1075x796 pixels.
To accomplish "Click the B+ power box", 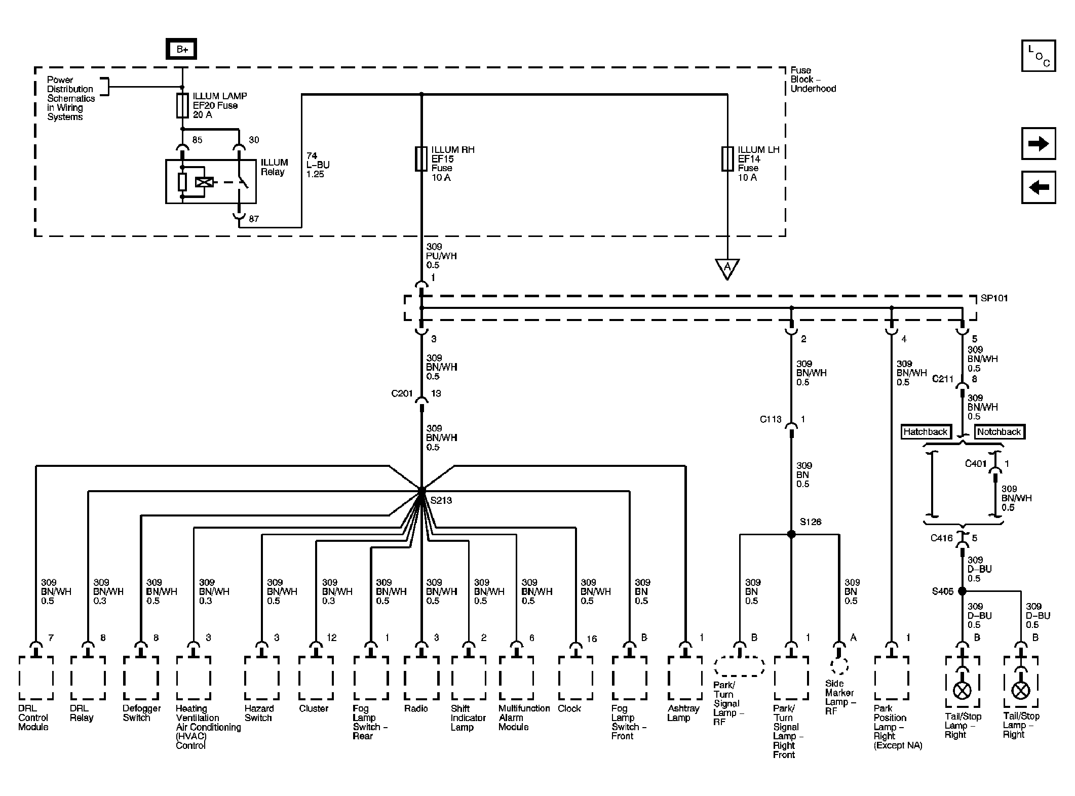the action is pos(182,50).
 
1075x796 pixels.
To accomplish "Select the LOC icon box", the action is pos(1039,56).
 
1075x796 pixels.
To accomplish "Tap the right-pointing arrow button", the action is pos(1039,144).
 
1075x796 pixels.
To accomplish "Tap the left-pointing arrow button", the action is pos(1039,187).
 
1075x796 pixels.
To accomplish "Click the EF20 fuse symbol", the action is pos(182,105).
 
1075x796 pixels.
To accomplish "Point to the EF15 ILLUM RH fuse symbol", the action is pos(421,158).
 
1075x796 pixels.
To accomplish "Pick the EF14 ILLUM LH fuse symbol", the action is pos(727,158).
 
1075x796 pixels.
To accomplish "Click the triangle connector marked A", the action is pos(727,268).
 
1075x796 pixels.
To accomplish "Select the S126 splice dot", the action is pos(791,534).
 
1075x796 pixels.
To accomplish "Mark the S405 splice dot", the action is pos(962,591).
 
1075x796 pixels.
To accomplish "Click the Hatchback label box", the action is pos(925,432).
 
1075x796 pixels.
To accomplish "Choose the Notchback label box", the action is pos(999,432).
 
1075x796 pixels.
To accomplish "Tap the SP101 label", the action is pos(994,298).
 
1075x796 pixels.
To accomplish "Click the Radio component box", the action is pos(421,678).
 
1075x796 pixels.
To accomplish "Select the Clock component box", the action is pos(575,678).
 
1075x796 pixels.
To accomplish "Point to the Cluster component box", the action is pos(316,678).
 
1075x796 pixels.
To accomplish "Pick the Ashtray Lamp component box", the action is pos(685,678).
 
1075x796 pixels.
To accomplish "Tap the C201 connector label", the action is pos(402,393).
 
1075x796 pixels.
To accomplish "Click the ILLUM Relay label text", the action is pos(274,167).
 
